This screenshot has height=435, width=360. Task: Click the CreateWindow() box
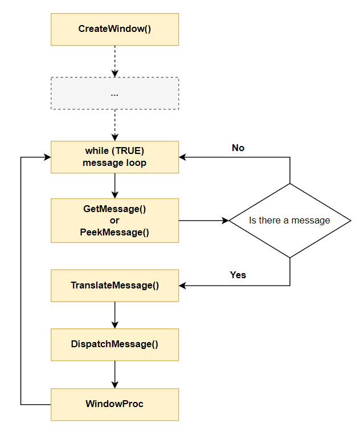(114, 29)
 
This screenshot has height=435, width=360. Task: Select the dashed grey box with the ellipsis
(114, 93)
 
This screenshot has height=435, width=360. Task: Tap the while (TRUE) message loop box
(114, 157)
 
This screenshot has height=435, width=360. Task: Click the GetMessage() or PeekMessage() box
(114, 220)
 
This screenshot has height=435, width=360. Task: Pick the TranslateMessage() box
(114, 285)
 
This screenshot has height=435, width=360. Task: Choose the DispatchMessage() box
(114, 344)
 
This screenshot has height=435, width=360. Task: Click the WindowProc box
(114, 404)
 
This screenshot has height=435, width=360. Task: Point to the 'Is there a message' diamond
(289, 220)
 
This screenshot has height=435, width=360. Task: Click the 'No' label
(238, 148)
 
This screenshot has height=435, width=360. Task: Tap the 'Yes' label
(238, 275)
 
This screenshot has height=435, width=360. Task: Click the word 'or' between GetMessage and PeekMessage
(114, 220)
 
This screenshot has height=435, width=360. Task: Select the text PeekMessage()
(114, 231)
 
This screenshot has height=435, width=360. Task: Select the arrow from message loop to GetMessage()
(114, 185)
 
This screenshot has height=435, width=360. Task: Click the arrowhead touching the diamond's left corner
(224, 220)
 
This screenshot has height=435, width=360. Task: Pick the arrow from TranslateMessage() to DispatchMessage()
(114, 315)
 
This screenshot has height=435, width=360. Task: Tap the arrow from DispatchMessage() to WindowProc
(114, 374)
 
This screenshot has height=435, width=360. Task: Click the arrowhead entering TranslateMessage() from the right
(183, 285)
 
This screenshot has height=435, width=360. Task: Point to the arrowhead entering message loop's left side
(47, 157)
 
